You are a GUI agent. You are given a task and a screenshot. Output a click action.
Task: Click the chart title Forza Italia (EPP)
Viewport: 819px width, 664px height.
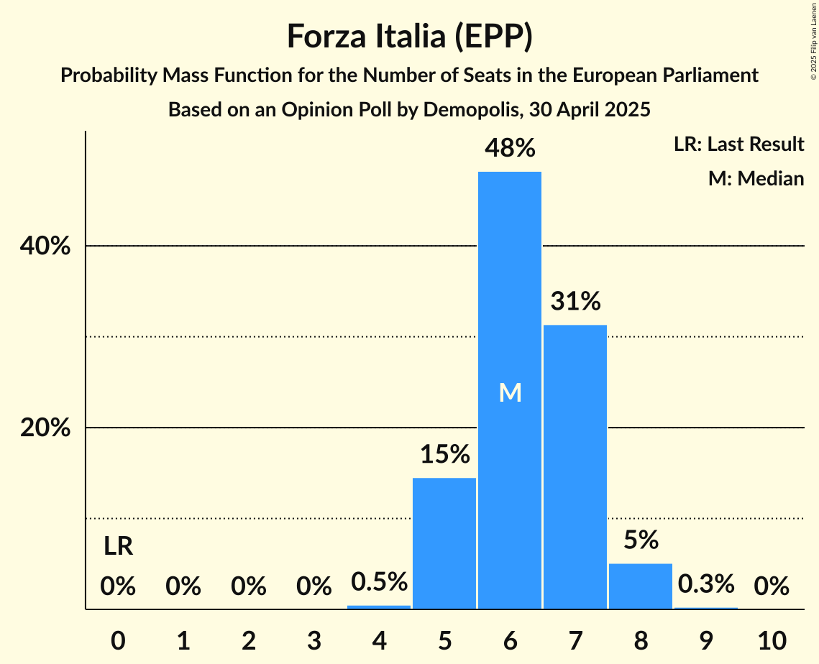point(409,37)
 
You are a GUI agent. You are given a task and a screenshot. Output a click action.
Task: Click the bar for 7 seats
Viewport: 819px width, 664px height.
point(575,467)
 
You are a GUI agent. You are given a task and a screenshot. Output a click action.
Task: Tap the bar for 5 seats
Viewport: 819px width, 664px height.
point(444,543)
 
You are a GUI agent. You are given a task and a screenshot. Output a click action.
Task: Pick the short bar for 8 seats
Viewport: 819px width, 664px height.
point(641,586)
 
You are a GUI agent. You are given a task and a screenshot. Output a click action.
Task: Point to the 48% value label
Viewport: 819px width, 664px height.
point(510,148)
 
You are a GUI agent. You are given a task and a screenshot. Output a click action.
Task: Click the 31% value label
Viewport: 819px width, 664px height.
point(575,302)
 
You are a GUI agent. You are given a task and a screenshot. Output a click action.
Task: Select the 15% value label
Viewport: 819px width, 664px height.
point(444,454)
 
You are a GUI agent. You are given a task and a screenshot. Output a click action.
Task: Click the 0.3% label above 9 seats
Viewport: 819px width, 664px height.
point(706,584)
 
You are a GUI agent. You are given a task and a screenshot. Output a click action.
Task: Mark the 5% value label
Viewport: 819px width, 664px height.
point(641,540)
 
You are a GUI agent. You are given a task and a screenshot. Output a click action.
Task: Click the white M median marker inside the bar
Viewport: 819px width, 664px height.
point(510,392)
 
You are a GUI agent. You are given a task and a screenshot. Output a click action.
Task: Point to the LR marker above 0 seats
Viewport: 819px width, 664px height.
point(118,547)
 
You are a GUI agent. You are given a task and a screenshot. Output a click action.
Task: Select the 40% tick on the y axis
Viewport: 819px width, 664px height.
point(45,246)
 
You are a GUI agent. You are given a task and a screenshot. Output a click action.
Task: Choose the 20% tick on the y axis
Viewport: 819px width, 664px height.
point(45,428)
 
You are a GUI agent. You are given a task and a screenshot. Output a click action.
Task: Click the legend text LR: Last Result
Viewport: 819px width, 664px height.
point(738,144)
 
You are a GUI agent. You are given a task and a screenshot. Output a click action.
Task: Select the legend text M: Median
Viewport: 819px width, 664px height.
point(756,178)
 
